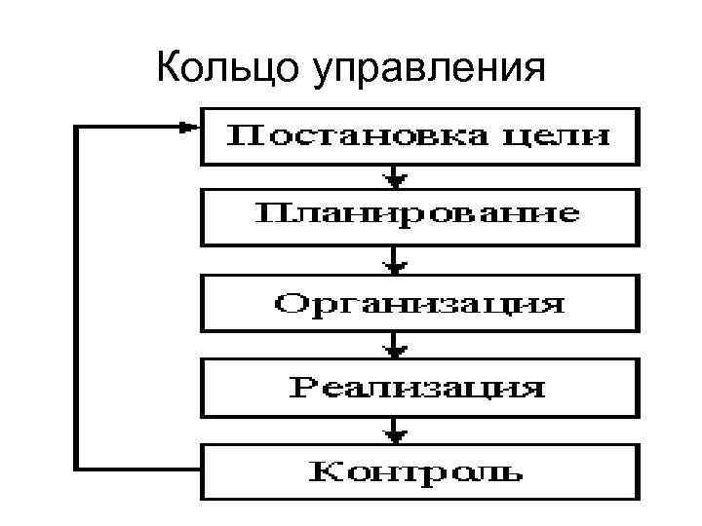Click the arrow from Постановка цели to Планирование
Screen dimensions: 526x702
(394, 176)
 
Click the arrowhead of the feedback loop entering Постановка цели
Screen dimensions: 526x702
(189, 127)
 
